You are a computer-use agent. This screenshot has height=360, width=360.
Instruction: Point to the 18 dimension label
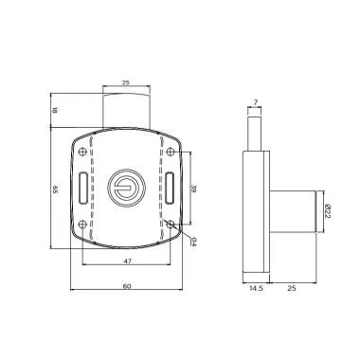click(x=54, y=111)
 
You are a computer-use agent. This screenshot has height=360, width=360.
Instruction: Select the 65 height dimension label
click(x=54, y=189)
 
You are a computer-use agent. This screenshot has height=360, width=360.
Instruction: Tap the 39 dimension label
click(x=192, y=188)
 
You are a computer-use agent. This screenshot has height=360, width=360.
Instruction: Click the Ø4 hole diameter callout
click(x=192, y=242)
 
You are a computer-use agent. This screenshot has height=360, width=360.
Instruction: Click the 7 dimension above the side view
click(x=256, y=101)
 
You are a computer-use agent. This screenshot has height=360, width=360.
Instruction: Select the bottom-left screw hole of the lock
click(x=84, y=225)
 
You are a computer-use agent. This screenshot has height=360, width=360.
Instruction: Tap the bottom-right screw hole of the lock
click(x=170, y=225)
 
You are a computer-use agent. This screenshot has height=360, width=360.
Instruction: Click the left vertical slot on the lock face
click(x=84, y=189)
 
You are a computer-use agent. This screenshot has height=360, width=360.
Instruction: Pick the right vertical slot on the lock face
click(x=170, y=188)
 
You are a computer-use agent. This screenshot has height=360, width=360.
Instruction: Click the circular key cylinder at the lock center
click(x=127, y=189)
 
